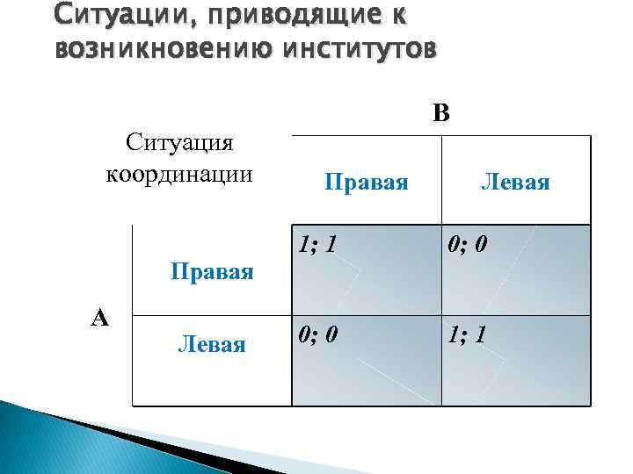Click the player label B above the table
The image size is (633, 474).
(x=440, y=113)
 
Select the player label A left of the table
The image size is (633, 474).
(x=100, y=318)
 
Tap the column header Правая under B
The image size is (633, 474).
(x=367, y=182)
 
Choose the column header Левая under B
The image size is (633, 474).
(x=515, y=182)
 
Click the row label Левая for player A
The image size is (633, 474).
(x=212, y=343)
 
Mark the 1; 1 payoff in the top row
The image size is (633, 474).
(x=316, y=242)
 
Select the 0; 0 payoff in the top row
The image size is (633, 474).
(x=466, y=242)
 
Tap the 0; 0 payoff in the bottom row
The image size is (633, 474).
(x=316, y=334)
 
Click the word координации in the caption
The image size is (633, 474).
(x=179, y=172)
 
